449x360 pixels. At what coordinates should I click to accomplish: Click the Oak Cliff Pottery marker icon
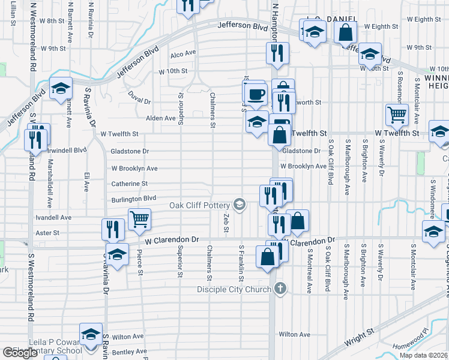point(240,205)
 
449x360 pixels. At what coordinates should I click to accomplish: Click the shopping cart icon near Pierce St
point(139,220)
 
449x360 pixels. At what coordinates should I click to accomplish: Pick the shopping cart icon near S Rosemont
point(397,114)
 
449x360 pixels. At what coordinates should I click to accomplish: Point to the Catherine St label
point(129,184)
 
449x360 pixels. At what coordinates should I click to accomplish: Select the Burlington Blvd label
point(133,198)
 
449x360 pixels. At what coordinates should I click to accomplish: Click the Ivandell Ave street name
point(53,217)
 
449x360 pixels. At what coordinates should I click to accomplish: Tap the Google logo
point(19,353)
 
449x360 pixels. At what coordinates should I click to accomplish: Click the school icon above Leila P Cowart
point(91,335)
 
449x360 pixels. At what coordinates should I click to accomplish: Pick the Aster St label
point(48,232)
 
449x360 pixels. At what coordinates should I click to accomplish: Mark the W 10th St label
point(173,71)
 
